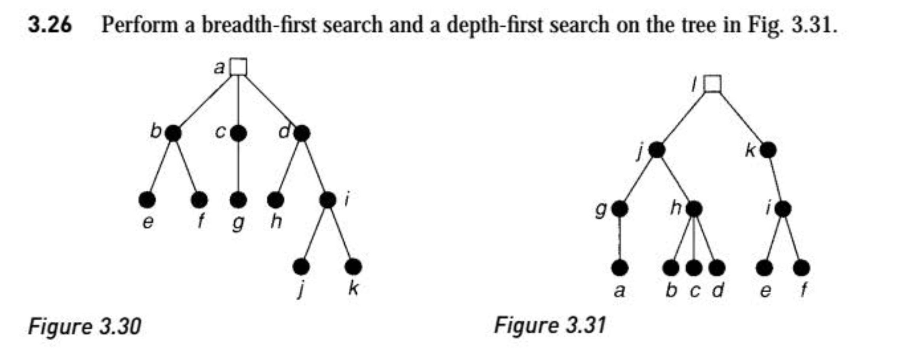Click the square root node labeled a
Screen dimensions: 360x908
pyautogui.click(x=238, y=66)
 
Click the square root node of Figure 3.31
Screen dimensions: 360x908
pyautogui.click(x=712, y=84)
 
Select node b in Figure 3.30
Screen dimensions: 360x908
pyautogui.click(x=173, y=133)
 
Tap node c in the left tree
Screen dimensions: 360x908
pyautogui.click(x=238, y=133)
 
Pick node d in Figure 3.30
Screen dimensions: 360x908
pyautogui.click(x=302, y=133)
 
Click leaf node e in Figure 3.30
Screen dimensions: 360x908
pyautogui.click(x=147, y=200)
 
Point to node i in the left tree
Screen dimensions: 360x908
pyautogui.click(x=328, y=200)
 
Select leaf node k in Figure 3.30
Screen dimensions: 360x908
pyautogui.click(x=353, y=267)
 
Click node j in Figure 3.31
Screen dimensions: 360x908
pyautogui.click(x=657, y=150)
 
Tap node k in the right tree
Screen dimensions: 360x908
pyautogui.click(x=768, y=150)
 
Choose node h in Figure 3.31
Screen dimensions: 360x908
pyautogui.click(x=694, y=208)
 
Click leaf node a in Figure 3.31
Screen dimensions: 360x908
pyautogui.click(x=619, y=268)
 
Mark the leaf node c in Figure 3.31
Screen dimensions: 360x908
pyautogui.click(x=694, y=268)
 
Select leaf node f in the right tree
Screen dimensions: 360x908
pyautogui.click(x=802, y=268)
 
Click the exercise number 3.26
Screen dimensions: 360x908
pyautogui.click(x=50, y=25)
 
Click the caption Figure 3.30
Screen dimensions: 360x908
pyautogui.click(x=84, y=327)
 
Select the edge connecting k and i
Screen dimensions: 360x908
pyautogui.click(x=776, y=179)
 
